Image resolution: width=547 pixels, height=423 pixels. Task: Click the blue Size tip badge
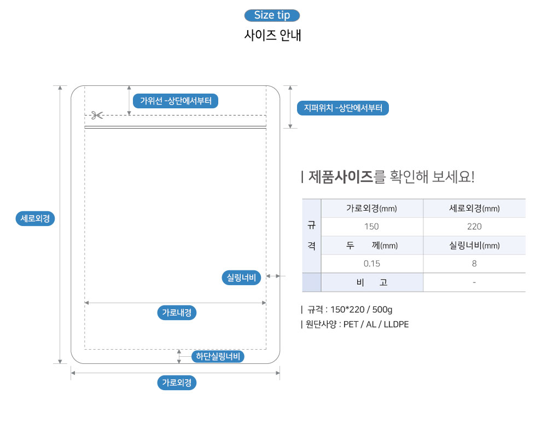[x=272, y=15]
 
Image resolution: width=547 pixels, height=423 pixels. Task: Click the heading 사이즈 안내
[x=272, y=35]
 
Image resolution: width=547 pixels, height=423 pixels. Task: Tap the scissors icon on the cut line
[x=97, y=115]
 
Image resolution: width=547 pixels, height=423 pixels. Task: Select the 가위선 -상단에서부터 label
[x=176, y=101]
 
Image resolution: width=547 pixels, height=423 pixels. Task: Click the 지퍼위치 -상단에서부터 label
[x=342, y=108]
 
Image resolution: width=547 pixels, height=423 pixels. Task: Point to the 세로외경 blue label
[x=36, y=219]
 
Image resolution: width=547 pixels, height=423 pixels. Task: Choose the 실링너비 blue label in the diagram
[x=242, y=277]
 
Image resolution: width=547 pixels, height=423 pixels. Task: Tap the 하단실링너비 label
[x=218, y=357]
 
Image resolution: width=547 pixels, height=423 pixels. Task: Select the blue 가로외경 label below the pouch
[x=176, y=383]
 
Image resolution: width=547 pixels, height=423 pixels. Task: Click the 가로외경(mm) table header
[x=371, y=208]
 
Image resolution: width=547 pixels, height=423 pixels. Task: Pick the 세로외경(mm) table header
[x=474, y=208]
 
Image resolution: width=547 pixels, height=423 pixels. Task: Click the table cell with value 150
[x=371, y=227]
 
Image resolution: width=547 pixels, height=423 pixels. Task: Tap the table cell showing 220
[x=474, y=227]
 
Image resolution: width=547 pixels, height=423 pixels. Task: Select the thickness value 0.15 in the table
[x=371, y=263]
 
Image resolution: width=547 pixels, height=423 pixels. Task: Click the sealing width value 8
[x=474, y=263]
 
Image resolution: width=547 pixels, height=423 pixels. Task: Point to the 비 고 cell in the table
[x=371, y=282]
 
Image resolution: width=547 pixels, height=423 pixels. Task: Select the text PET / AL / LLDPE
[x=376, y=325]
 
